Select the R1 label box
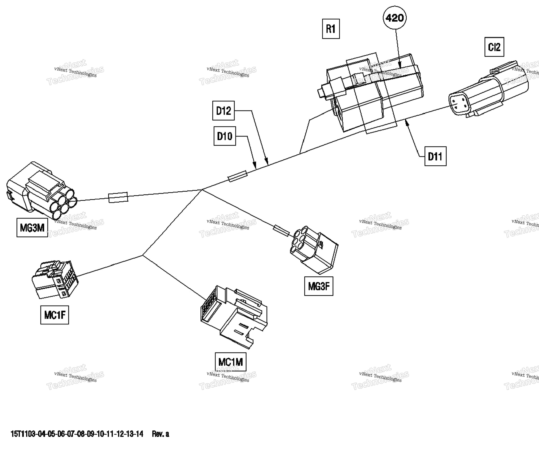click(331, 29)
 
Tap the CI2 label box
click(494, 47)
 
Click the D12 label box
click(223, 111)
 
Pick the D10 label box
click(225, 136)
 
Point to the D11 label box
click(435, 156)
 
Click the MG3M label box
click(32, 227)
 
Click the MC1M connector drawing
click(234, 316)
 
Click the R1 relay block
click(372, 93)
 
